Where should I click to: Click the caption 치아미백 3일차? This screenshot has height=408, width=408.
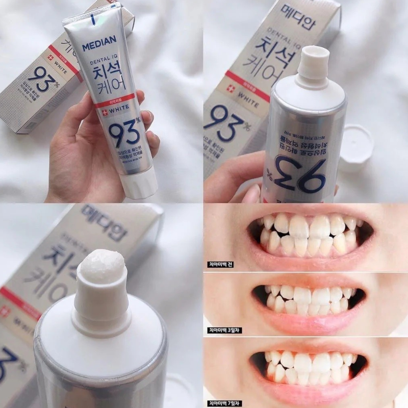[224, 330]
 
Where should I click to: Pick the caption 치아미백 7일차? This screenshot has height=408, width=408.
[224, 396]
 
